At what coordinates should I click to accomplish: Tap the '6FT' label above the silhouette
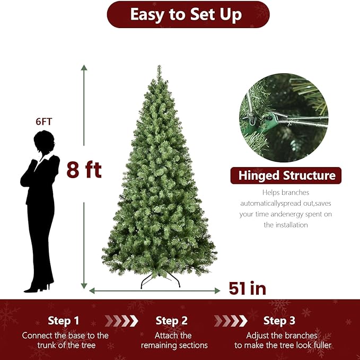point(44,121)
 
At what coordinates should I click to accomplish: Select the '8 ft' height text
point(84,170)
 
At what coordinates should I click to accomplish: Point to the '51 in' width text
point(247,288)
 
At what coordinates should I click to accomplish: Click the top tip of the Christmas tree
point(159,67)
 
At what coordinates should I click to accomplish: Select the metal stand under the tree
point(160,279)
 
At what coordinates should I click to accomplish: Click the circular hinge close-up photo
point(284,118)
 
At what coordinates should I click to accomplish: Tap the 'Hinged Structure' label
point(286,175)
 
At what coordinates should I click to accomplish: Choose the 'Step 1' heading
point(63,321)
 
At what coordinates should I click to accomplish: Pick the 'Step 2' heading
point(172,321)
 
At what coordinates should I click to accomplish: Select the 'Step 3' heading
point(279,321)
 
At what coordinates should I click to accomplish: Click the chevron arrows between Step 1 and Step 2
point(121,321)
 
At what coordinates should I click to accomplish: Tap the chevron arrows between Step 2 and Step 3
point(230,321)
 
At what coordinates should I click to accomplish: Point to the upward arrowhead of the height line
point(84,67)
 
